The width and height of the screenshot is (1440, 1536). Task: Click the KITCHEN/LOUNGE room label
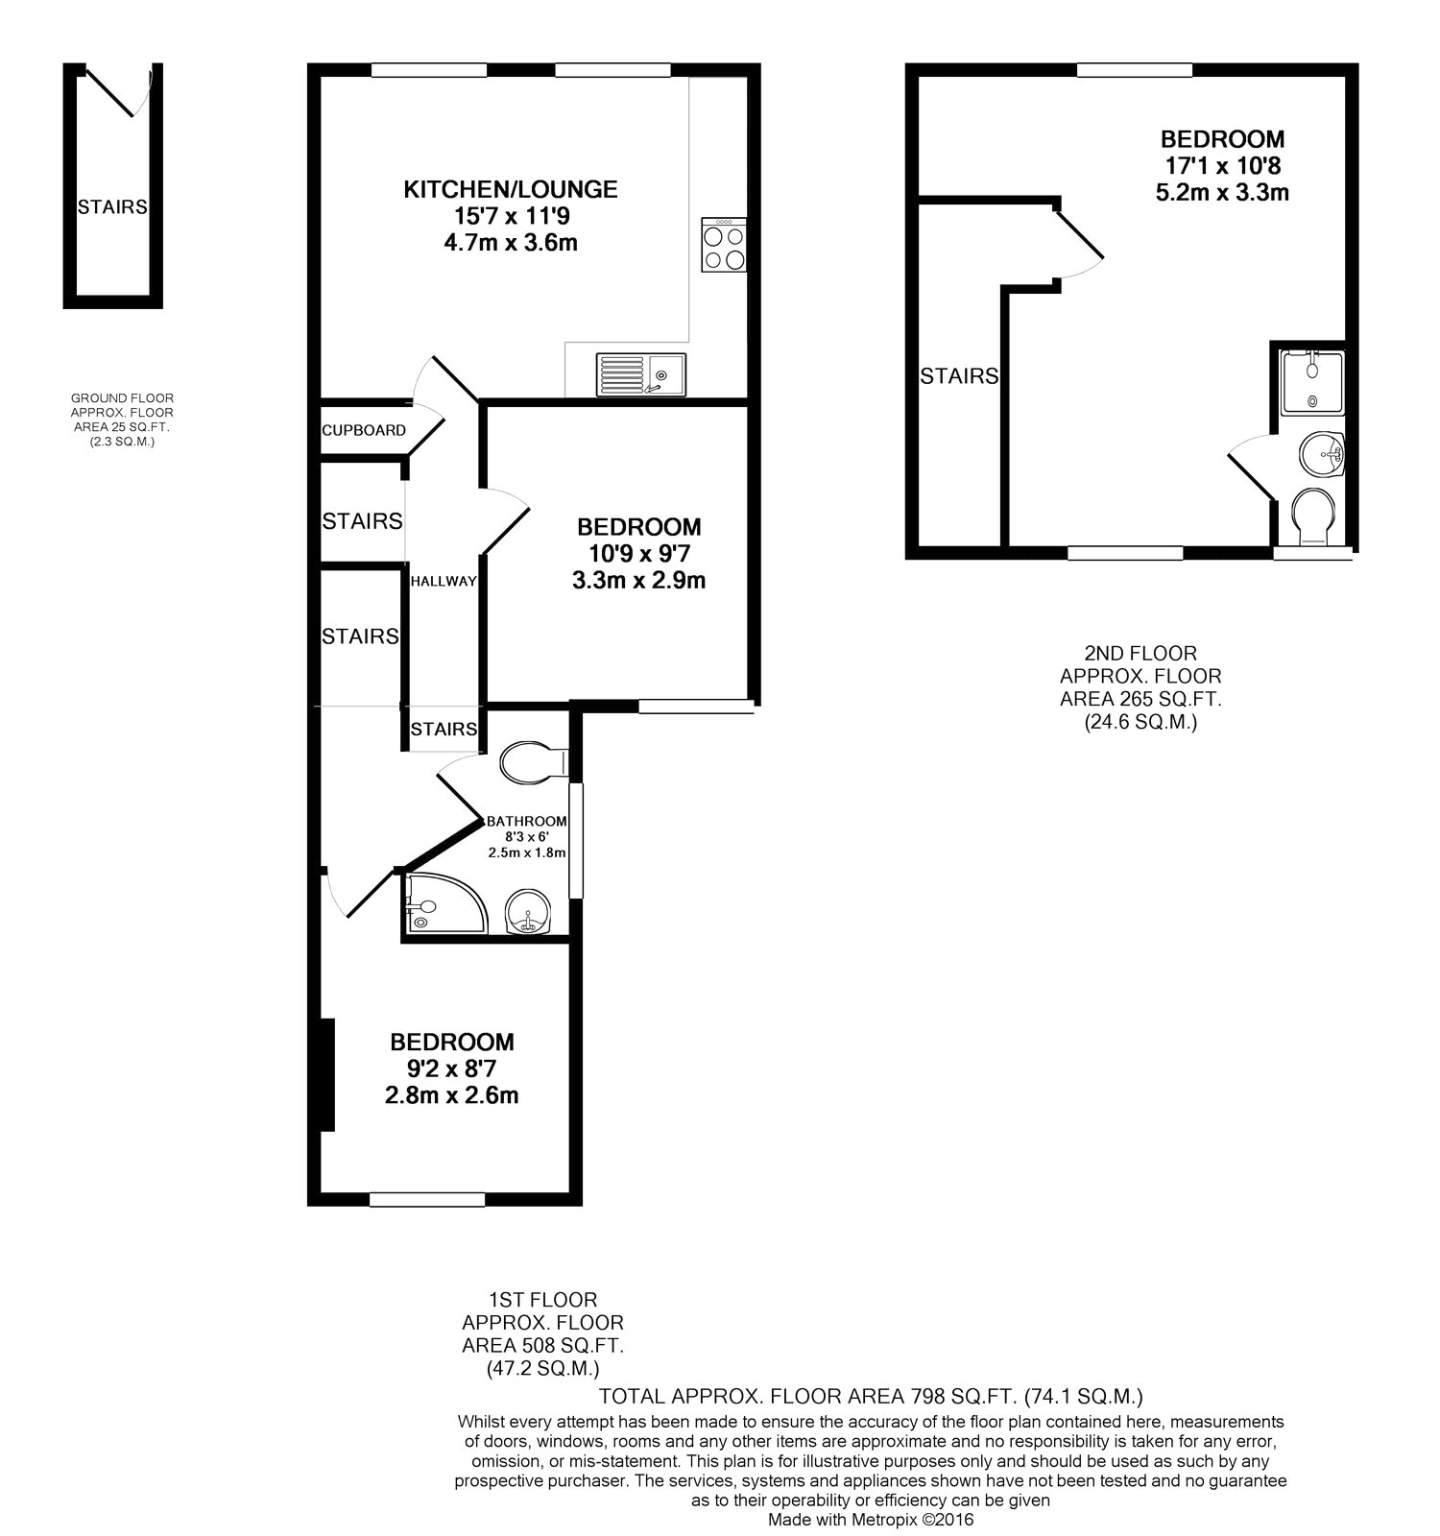(510, 189)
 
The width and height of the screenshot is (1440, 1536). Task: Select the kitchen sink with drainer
(641, 373)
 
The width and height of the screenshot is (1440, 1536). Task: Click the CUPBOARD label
(364, 430)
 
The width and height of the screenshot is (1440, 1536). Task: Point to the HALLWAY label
(444, 581)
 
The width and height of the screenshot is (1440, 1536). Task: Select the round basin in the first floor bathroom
(527, 910)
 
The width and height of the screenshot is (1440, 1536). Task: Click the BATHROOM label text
(526, 822)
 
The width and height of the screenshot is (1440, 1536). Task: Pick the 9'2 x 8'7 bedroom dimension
(451, 1068)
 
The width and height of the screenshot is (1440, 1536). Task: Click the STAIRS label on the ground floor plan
(113, 206)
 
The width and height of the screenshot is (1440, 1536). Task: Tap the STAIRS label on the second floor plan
(959, 376)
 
